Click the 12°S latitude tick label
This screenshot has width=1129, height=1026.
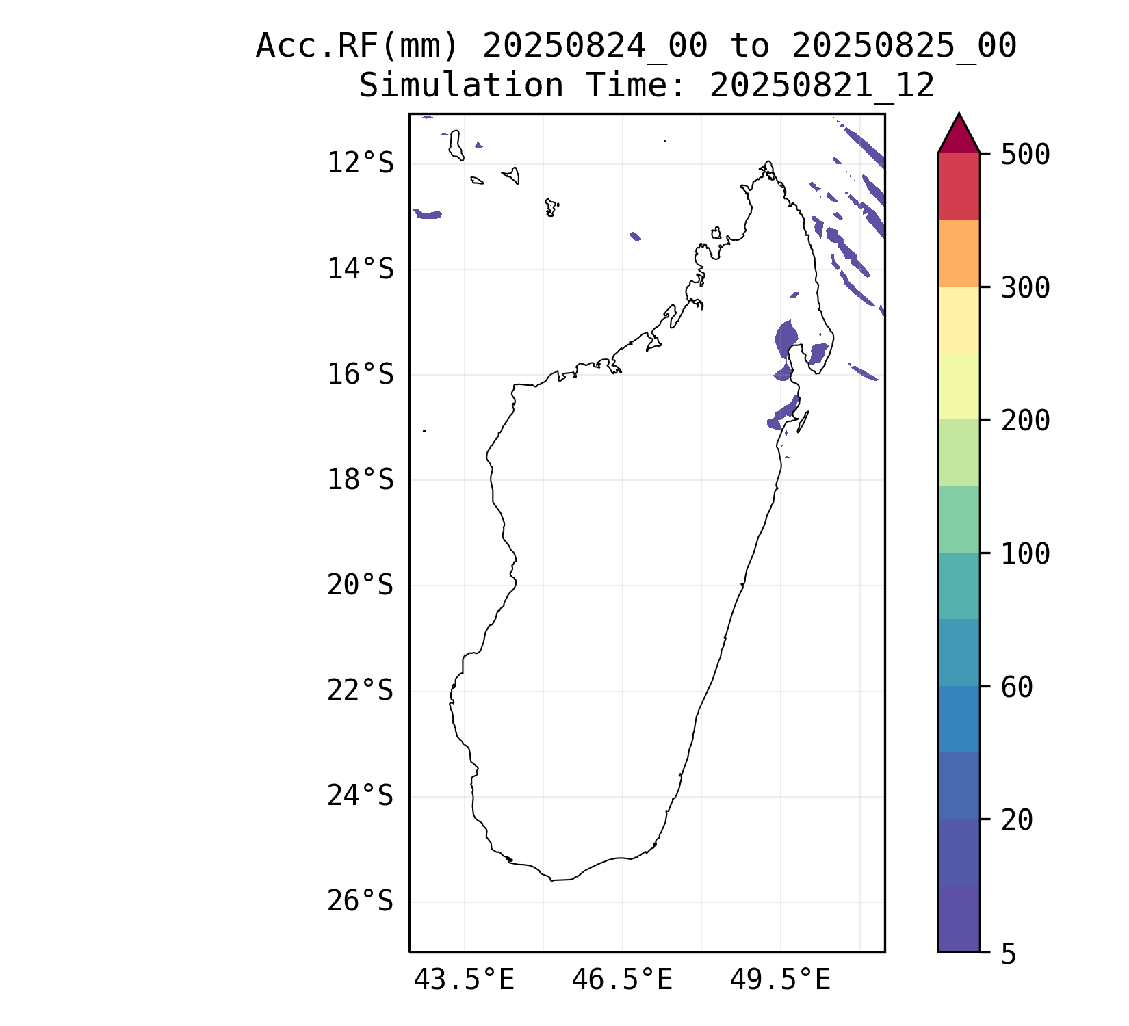click(x=360, y=163)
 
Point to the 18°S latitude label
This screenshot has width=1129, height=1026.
click(x=360, y=480)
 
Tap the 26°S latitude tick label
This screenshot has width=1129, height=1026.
click(x=360, y=902)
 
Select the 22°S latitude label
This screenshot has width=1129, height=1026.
click(x=360, y=691)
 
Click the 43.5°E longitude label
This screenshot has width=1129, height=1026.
click(x=464, y=980)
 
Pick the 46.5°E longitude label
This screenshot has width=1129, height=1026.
click(x=622, y=980)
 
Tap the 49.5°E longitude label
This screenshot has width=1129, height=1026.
click(x=780, y=980)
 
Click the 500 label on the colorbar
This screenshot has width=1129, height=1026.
click(x=1025, y=155)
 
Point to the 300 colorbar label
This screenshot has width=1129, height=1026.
click(x=1025, y=288)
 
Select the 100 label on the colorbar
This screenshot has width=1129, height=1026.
click(x=1025, y=554)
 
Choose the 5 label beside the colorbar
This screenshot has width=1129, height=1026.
click(x=1009, y=954)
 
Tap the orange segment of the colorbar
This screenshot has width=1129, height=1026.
click(x=959, y=253)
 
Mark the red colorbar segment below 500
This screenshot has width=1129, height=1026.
click(x=959, y=186)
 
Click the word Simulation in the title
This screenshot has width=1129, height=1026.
click(x=460, y=86)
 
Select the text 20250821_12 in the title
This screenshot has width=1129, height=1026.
click(x=822, y=86)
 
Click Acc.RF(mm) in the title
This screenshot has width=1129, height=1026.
click(x=356, y=47)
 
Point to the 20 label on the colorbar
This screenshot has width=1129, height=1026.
click(x=1017, y=820)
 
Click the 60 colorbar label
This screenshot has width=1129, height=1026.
click(x=1017, y=687)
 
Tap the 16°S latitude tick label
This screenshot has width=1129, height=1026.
click(x=360, y=375)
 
